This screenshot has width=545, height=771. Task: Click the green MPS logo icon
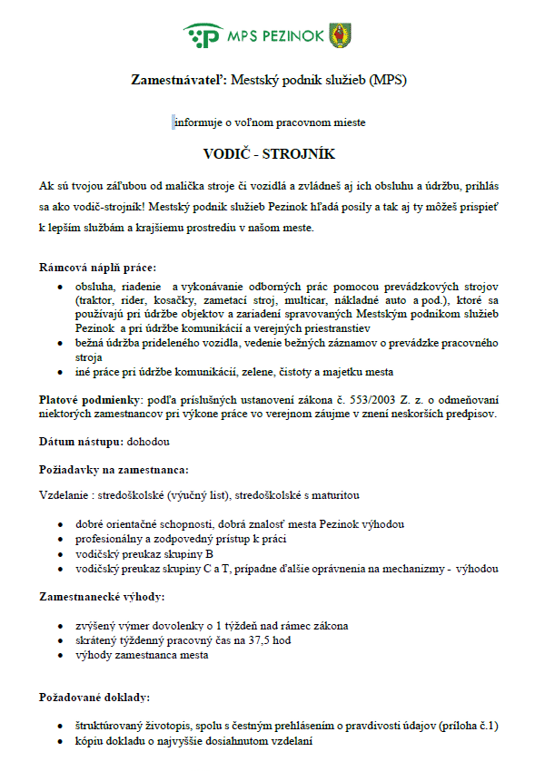pos(202,35)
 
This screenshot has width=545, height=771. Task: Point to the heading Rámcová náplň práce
pos(97,267)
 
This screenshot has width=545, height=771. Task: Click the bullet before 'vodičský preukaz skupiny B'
pos(59,554)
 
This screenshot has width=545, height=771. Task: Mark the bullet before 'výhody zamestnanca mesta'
pos(59,655)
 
